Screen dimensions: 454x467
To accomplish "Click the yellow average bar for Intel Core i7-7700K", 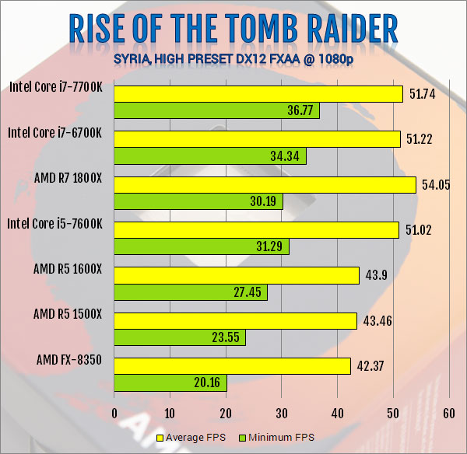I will pos(258,93).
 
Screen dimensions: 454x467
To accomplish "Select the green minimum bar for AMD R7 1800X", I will pos(198,202).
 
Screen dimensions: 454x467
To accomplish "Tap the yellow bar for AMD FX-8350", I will pos(232,365).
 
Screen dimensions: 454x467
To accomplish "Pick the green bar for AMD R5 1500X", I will pos(180,337).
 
